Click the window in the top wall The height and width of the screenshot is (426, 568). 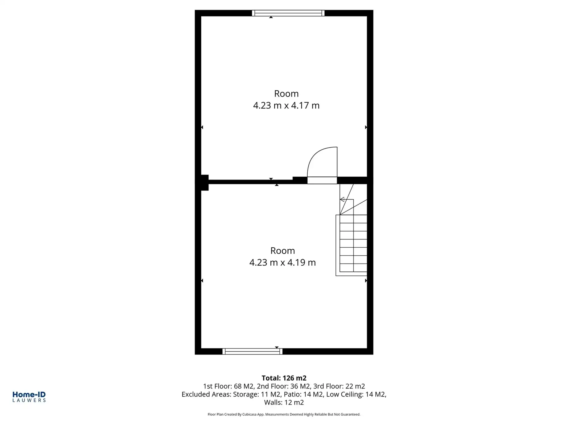click(x=288, y=13)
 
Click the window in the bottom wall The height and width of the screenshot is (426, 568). click(x=252, y=351)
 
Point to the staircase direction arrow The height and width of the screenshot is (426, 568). click(x=343, y=199)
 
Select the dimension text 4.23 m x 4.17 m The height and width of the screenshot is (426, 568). click(x=286, y=105)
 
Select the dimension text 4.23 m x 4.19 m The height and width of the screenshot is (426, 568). click(x=283, y=262)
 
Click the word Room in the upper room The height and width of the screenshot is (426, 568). click(x=286, y=93)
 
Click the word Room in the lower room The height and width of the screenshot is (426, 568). click(x=283, y=250)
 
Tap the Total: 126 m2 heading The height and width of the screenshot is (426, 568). click(x=284, y=378)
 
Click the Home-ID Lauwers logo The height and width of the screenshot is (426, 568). click(x=29, y=397)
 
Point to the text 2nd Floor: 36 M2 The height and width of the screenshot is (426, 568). click(x=283, y=386)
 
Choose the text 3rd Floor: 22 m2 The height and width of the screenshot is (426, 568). click(x=339, y=386)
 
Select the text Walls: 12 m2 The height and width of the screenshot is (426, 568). click(x=284, y=402)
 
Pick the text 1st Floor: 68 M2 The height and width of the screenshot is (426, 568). click(x=228, y=386)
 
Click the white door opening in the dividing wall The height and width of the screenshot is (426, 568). click(x=322, y=180)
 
